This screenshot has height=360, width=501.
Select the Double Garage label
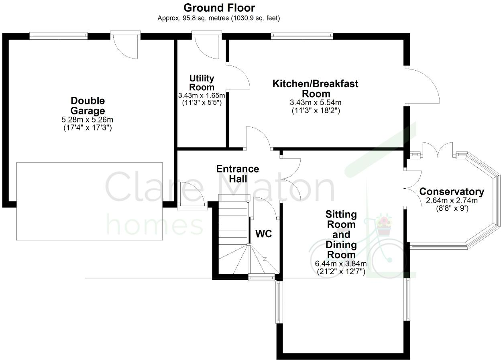coord(88,106)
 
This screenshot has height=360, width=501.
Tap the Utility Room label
coord(202,83)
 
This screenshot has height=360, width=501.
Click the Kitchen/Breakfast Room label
coord(316,89)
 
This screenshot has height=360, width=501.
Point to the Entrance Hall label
coord(238,174)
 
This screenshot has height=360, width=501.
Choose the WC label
coord(264,233)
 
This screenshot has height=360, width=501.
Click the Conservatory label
coord(452,192)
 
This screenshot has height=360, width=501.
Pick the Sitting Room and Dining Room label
coord(341,234)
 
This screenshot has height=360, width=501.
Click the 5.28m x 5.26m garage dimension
coord(88,120)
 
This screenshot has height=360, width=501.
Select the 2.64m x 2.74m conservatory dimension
coord(452,201)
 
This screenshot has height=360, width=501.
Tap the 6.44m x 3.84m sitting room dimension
coord(341,264)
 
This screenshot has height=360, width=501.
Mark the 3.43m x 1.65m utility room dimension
coord(202,96)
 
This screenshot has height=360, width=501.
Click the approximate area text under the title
coord(219,18)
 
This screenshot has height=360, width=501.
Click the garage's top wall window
coord(58,36)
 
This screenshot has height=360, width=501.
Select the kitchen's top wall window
coord(302,36)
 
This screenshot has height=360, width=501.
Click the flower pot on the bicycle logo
coord(384,227)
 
